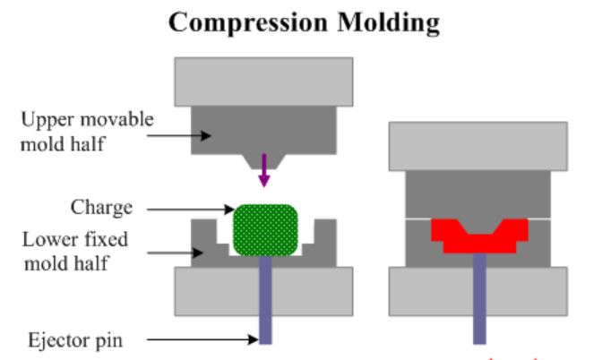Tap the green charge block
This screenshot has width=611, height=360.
(x=264, y=228)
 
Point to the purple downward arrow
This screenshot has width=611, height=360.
(x=263, y=170)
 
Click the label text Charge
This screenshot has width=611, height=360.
(x=101, y=208)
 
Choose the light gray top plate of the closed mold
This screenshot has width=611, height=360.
(x=477, y=145)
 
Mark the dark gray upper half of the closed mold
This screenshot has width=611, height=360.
(x=477, y=193)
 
